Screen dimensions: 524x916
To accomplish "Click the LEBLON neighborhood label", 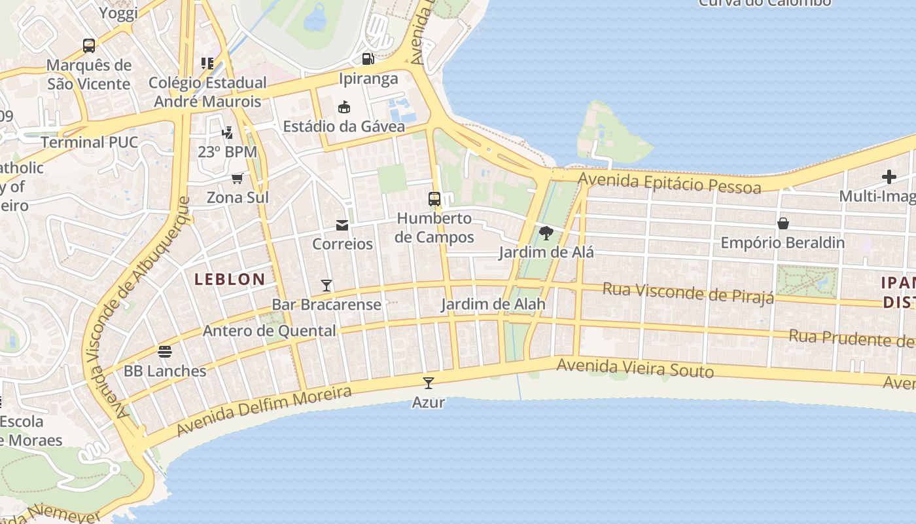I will coord(230,279).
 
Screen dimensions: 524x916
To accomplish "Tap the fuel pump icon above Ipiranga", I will coord(368,59).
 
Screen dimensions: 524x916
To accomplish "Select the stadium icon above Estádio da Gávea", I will coord(344,107).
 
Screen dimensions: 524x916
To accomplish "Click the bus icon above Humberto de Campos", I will coord(434,199).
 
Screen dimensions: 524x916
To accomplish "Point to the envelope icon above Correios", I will coord(342,225).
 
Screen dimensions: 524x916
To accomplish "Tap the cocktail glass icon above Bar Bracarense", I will coord(326,286).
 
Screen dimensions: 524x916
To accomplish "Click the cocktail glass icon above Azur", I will coord(429,383).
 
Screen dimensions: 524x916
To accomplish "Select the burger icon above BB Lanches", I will coord(165,352).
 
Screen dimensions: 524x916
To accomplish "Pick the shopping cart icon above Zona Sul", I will coord(238,178).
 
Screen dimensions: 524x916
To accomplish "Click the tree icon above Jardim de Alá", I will coord(546,233).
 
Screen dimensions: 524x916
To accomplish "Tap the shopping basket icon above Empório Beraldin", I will coord(783,223).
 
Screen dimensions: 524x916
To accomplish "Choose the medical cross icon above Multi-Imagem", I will coord(889,177).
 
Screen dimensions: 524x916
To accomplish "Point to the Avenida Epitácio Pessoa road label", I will coord(670,183).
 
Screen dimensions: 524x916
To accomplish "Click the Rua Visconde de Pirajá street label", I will coord(688,292).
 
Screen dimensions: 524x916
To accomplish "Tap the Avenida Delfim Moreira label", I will coord(264,410).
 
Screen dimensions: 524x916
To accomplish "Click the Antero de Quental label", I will coord(270,331).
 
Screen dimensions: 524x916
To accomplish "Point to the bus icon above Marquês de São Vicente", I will coord(89,46).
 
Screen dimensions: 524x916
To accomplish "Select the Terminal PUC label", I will coord(90,142).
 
